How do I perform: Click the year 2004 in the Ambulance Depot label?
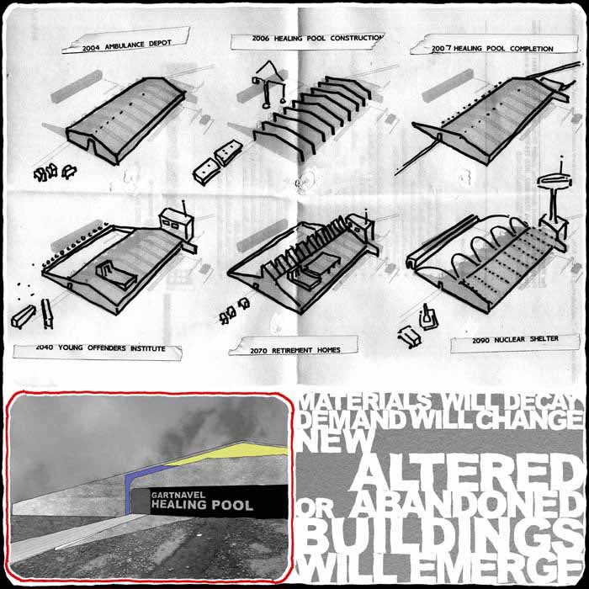(x=91, y=48)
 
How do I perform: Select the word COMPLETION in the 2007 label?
(x=532, y=49)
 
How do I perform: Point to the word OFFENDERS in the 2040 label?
(x=107, y=348)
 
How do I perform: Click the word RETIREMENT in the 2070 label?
(x=292, y=351)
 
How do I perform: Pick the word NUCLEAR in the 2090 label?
(x=510, y=340)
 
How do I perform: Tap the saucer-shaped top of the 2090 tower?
(x=555, y=182)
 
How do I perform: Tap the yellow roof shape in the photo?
(x=233, y=452)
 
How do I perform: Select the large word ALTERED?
(x=466, y=473)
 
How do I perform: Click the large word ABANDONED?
(x=466, y=505)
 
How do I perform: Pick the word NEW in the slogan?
(x=336, y=440)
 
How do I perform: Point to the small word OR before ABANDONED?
(x=315, y=508)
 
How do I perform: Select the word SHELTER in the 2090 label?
(x=544, y=339)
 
